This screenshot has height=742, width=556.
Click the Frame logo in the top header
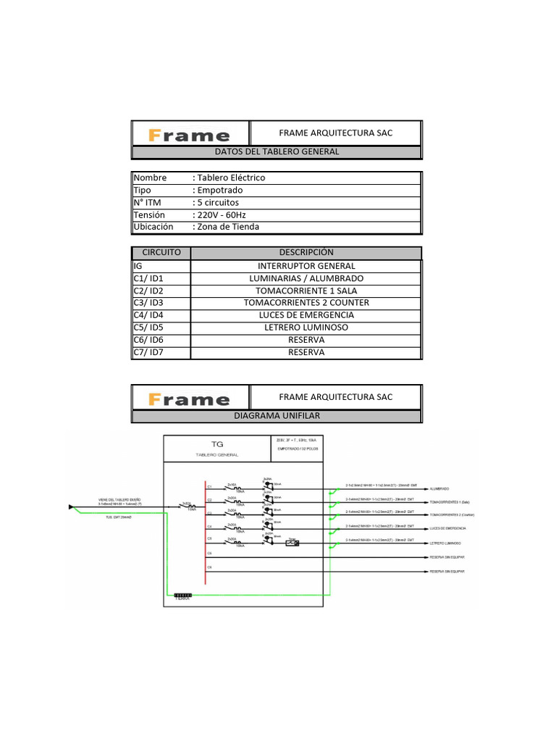pyautogui.click(x=190, y=135)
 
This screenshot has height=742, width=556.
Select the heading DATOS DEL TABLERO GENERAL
pyautogui.click(x=277, y=152)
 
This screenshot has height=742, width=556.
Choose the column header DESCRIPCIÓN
pyautogui.click(x=306, y=252)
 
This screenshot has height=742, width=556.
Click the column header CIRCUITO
pyautogui.click(x=161, y=252)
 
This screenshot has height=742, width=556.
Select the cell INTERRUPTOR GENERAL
pyautogui.click(x=306, y=266)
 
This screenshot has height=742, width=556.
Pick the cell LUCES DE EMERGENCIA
pyautogui.click(x=306, y=315)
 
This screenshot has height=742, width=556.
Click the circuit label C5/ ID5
pyautogui.click(x=149, y=328)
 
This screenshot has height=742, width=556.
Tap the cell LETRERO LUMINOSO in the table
pyautogui.click(x=306, y=328)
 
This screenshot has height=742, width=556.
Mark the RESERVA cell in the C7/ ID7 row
pyautogui.click(x=306, y=352)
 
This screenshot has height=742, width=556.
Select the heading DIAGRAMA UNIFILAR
pyautogui.click(x=277, y=416)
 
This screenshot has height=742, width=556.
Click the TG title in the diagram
pyautogui.click(x=217, y=443)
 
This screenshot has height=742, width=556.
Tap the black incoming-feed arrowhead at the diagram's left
pyautogui.click(x=71, y=507)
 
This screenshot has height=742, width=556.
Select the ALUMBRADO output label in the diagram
pyautogui.click(x=439, y=489)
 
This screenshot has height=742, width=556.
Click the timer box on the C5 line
pyautogui.click(x=293, y=543)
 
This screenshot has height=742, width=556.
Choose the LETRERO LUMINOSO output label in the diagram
pyautogui.click(x=446, y=543)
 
